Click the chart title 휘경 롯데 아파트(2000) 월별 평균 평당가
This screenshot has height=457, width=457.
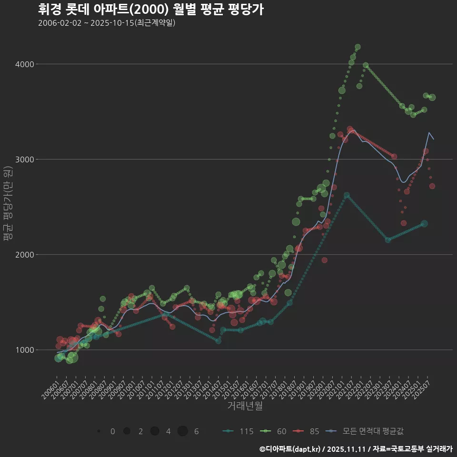150,10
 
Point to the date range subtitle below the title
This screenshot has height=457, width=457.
107,23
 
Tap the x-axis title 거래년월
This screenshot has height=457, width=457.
245,406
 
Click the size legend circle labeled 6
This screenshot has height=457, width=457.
183,431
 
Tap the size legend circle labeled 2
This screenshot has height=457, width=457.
127,431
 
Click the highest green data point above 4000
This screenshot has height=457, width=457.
358,47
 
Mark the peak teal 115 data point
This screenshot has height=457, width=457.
347,195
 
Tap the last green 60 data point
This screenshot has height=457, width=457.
432,98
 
